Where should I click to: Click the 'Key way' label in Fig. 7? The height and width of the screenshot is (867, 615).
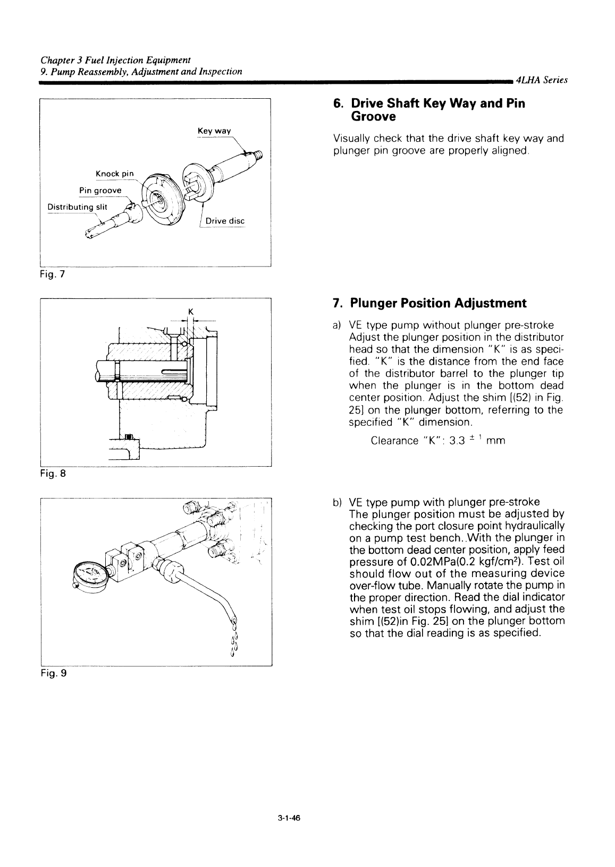click(x=214, y=131)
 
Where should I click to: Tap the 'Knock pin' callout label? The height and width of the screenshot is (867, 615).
click(x=114, y=174)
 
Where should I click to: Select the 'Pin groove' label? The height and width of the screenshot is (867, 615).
click(x=100, y=191)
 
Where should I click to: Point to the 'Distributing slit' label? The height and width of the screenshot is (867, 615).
click(x=77, y=207)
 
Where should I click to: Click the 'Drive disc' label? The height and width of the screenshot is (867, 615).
click(x=225, y=221)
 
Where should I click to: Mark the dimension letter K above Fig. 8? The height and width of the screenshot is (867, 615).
click(x=190, y=312)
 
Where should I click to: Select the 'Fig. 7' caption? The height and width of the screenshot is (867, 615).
click(x=52, y=274)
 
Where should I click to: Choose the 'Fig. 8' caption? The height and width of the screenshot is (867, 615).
click(x=53, y=474)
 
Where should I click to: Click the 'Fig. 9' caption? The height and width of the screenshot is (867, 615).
click(x=54, y=673)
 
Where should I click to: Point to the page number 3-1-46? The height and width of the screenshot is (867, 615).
click(x=289, y=818)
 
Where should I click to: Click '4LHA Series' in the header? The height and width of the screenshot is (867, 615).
click(x=541, y=80)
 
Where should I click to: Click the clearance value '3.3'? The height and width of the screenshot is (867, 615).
click(x=457, y=441)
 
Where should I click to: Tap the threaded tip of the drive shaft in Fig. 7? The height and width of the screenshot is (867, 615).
click(x=257, y=155)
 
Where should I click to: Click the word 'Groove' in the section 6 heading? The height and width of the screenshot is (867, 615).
click(x=373, y=116)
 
